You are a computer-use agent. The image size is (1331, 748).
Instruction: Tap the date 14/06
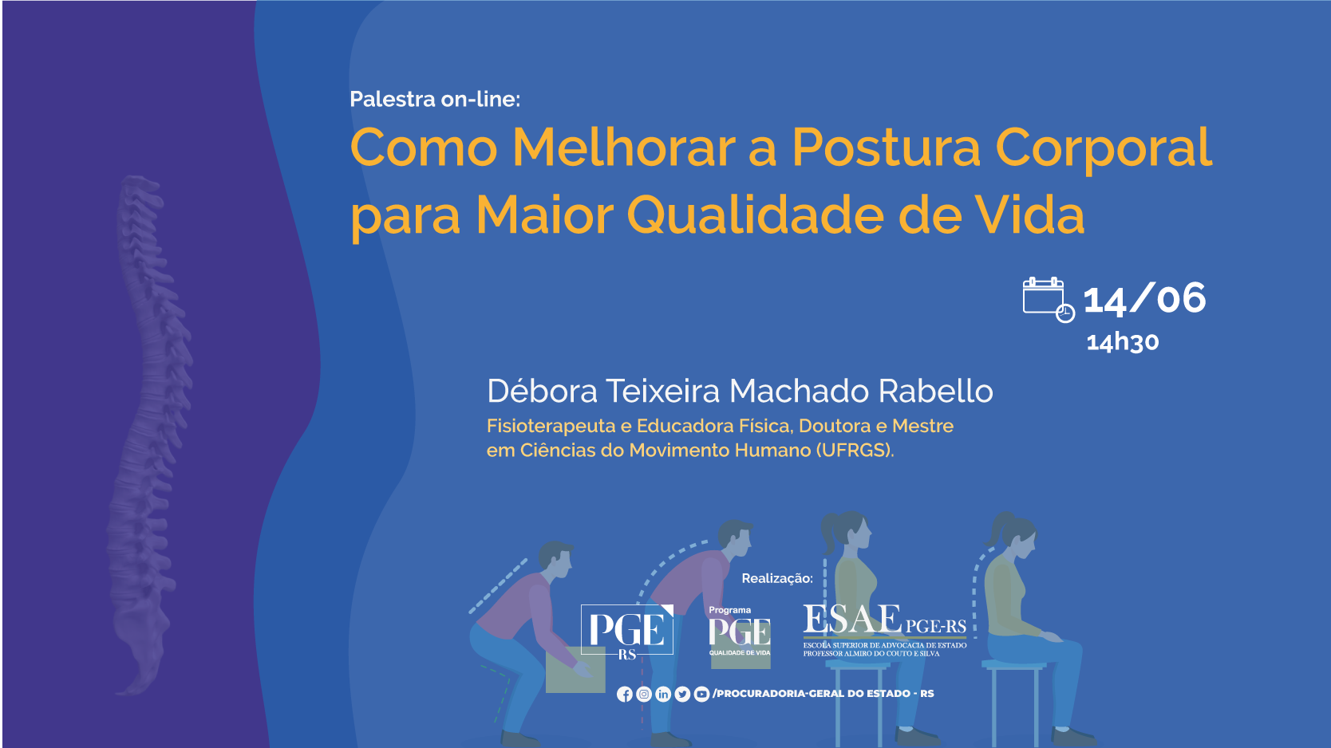[1144, 298]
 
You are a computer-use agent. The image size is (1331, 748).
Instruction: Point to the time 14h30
[1123, 342]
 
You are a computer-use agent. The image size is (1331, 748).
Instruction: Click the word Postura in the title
[886, 148]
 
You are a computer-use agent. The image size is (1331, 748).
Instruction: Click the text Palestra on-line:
[435, 99]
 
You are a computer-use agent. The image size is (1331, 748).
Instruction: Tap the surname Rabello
[936, 392]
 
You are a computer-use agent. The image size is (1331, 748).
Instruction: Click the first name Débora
[542, 392]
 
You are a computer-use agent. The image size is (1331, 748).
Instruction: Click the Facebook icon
[625, 694]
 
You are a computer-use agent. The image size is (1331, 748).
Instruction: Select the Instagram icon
[643, 694]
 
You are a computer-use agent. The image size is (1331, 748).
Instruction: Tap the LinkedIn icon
[663, 694]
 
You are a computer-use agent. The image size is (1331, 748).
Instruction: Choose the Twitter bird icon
[682, 694]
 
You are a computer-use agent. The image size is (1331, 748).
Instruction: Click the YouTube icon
[701, 694]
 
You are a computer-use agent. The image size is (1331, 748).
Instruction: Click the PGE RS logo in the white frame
[627, 632]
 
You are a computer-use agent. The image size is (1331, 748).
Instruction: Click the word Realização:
[777, 578]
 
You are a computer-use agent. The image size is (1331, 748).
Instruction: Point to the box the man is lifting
[575, 670]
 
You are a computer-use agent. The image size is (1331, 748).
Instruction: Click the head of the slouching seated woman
[1015, 535]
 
